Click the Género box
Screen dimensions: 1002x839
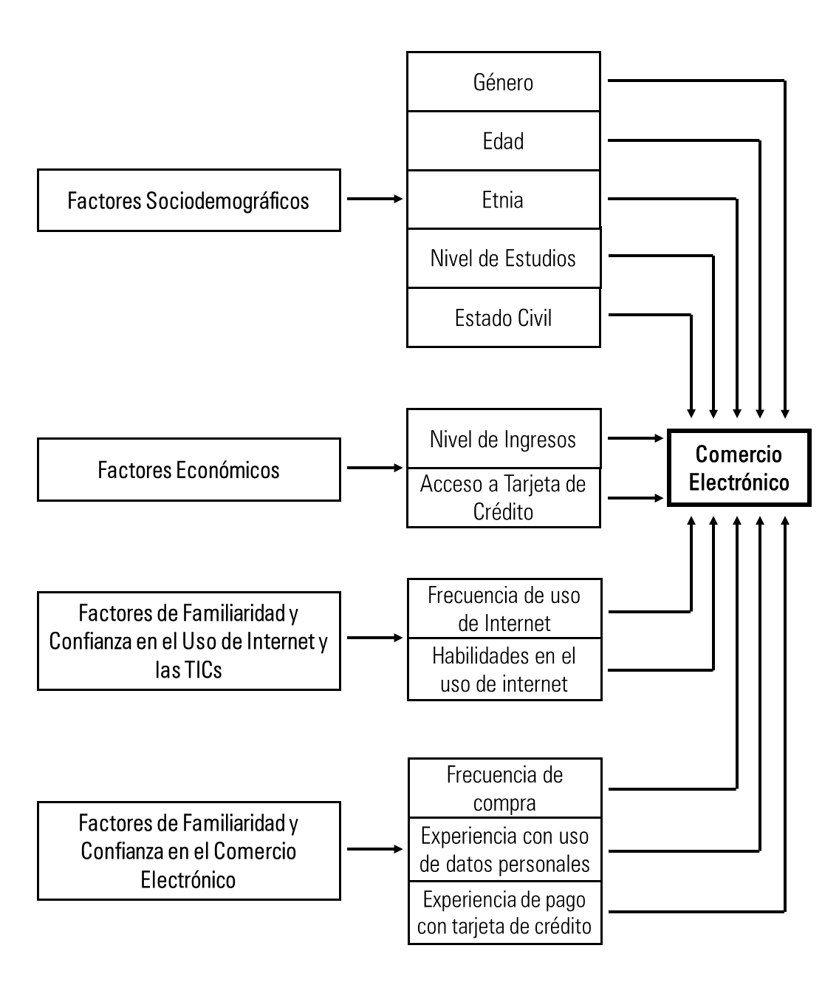point(503,82)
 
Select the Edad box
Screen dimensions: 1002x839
point(503,141)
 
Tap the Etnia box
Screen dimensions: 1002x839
point(503,200)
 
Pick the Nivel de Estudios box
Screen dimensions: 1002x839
point(503,259)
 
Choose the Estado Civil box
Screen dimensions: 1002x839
point(503,318)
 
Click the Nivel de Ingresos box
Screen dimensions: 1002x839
point(503,439)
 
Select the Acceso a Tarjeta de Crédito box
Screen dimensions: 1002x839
point(503,497)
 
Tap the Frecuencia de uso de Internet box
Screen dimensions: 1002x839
point(504,609)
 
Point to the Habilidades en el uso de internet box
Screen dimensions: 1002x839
point(504,669)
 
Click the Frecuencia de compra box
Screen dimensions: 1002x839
point(504,788)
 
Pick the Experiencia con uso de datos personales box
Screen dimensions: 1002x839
point(504,850)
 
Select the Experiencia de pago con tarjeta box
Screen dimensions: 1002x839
point(504,913)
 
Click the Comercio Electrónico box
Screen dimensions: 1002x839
point(739,468)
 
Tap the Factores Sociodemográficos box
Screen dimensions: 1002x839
point(188,200)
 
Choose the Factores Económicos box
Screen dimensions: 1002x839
point(188,470)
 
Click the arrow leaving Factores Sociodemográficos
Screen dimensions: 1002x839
point(374,199)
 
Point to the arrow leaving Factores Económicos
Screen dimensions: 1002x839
point(374,468)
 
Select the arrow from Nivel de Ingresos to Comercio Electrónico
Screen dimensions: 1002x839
point(635,438)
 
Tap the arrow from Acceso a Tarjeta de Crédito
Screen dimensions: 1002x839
point(635,498)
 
